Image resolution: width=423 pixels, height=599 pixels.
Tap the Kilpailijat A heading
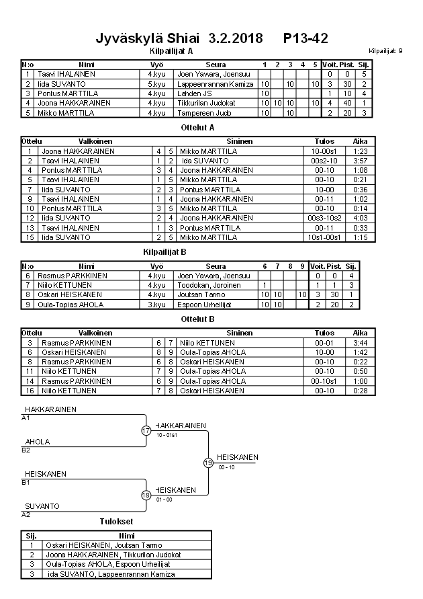tap(171, 50)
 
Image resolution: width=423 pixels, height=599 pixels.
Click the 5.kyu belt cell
tap(156, 84)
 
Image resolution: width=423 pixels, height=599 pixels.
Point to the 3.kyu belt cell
tap(156, 305)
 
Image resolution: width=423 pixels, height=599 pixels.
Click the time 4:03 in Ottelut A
tap(360, 218)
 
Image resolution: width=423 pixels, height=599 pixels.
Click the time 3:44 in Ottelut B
tap(360, 343)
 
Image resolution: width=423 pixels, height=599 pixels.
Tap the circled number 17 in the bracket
tap(146, 430)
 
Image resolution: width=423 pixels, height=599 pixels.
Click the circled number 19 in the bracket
tap(208, 463)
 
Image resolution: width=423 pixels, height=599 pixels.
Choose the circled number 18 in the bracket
tap(146, 495)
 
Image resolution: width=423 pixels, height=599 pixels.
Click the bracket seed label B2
tap(26, 449)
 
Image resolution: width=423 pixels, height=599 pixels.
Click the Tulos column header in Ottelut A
tap(324, 142)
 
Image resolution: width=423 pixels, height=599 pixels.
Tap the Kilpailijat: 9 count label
tap(385, 51)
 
